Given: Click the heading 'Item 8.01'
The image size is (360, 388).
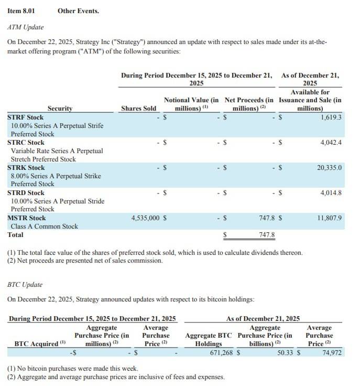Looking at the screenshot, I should coord(22,10).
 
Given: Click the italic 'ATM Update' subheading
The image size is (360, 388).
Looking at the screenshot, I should coord(26,27).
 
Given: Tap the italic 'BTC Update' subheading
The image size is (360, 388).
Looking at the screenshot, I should coord(25,284).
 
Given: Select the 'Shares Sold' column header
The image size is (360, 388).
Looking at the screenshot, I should coord(138,109).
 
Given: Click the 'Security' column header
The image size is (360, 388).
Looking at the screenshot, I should coord(60,109).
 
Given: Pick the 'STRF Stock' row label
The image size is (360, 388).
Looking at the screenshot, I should coord(26,117).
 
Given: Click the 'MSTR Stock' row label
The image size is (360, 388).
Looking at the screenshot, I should coord(27,218).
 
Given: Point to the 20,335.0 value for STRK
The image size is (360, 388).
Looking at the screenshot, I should coord(329,167).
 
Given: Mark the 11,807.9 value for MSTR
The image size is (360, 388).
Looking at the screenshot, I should coord(329,218).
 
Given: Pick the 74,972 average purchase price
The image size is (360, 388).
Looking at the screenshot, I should coord(332,353).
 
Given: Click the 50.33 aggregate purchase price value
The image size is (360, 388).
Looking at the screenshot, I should coord(285,353).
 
